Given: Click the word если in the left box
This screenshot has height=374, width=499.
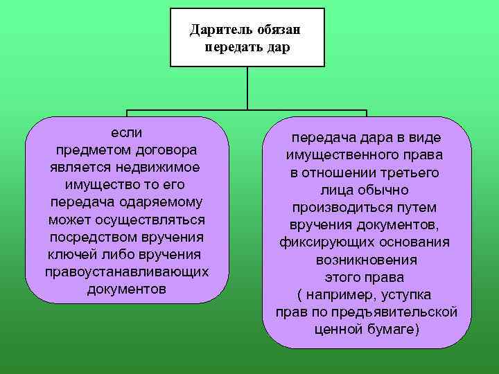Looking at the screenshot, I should pos(126,132).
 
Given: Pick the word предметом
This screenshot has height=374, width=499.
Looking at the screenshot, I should pos(88,150).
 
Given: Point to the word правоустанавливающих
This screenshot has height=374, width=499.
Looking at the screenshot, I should pos(126,271).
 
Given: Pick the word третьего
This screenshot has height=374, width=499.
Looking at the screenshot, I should pos(409,172).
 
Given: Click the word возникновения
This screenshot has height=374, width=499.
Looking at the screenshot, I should pos(367,260).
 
